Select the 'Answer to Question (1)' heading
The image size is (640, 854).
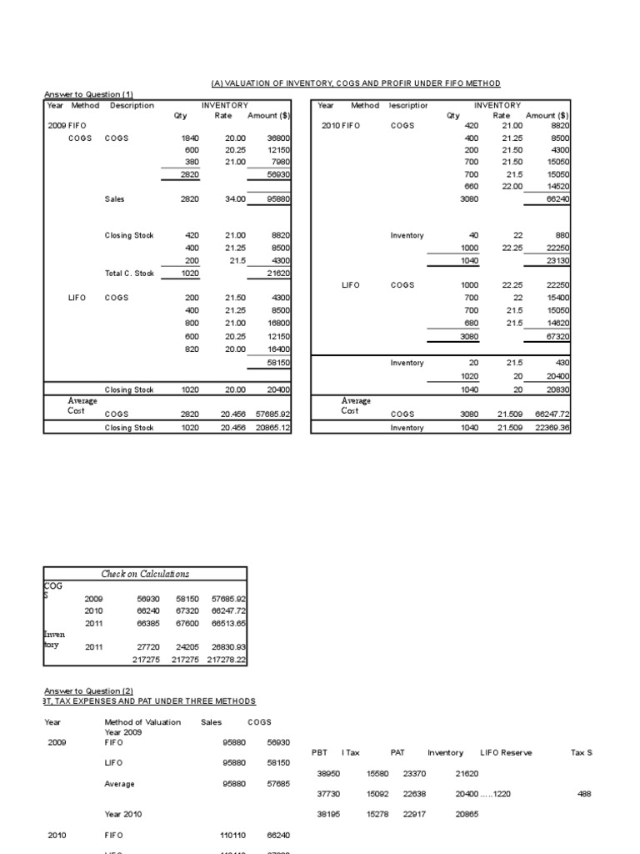point(87,94)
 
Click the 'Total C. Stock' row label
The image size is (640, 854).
point(129,274)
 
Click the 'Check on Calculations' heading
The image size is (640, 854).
point(145,574)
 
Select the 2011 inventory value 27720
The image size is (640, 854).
point(146,646)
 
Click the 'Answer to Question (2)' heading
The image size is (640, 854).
point(87,691)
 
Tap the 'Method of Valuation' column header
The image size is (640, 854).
point(142,722)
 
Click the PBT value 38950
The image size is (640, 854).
point(328,774)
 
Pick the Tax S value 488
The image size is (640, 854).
point(583,795)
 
